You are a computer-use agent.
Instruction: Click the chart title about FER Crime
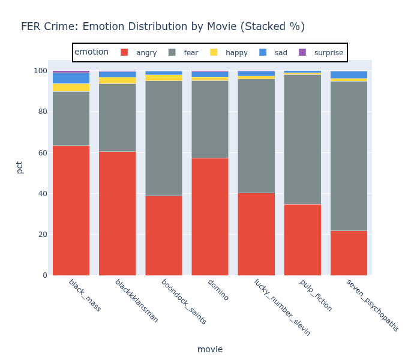[x=163, y=26]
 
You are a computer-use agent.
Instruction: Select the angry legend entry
[x=138, y=53]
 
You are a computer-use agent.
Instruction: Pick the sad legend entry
[x=274, y=53]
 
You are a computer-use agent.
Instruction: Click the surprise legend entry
[x=322, y=53]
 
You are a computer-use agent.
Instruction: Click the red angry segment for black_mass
[x=71, y=210]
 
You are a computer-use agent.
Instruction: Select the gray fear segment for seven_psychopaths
[x=349, y=156]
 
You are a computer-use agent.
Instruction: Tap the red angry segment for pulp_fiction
[x=302, y=239]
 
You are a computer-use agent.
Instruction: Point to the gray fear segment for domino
[x=210, y=119]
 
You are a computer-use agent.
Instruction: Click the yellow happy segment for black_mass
[x=71, y=88]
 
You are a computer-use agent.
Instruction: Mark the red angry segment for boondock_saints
[x=164, y=235]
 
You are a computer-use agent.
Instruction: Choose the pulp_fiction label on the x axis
[x=316, y=295]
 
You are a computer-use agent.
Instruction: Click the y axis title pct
[x=20, y=166]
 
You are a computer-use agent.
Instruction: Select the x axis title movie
[x=210, y=349]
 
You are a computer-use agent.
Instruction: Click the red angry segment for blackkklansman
[x=118, y=213]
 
